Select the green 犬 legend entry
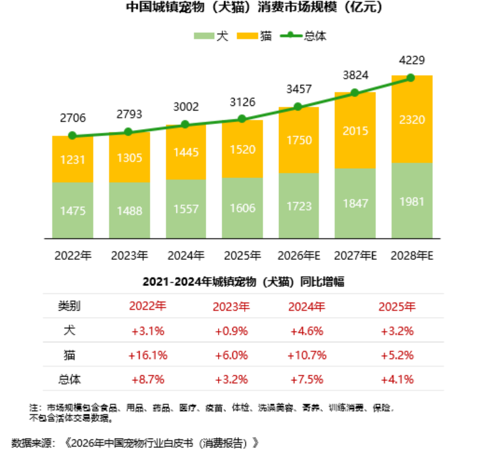(x=212, y=36)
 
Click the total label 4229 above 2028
(x=411, y=60)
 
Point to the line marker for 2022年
(x=72, y=135)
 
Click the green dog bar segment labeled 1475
(x=72, y=210)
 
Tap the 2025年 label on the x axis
(x=242, y=255)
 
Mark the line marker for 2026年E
(x=298, y=106)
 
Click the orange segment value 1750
(x=298, y=140)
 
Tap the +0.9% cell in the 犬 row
(x=231, y=331)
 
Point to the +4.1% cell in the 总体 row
(x=398, y=379)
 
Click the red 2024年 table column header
(x=307, y=306)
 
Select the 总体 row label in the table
(x=70, y=379)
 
